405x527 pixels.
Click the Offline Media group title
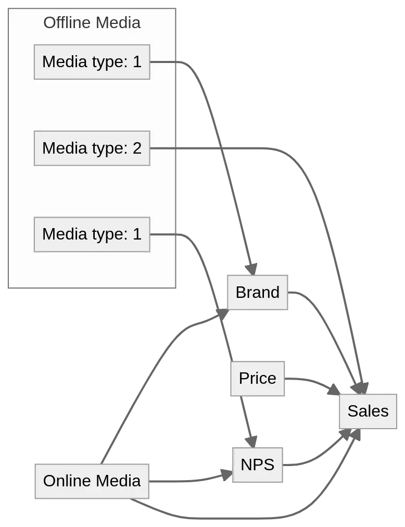(x=92, y=23)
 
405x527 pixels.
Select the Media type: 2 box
(x=92, y=148)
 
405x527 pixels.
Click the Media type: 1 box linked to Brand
(x=92, y=62)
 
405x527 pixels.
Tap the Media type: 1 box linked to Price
(x=92, y=234)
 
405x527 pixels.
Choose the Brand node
(x=258, y=292)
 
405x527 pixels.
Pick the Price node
(x=258, y=378)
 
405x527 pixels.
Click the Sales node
(x=368, y=411)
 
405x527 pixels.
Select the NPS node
(x=257, y=464)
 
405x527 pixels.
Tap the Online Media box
(x=92, y=481)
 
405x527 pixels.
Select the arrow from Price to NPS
(x=247, y=422)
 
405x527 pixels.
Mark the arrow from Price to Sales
(x=312, y=381)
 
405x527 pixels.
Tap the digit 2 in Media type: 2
(x=137, y=148)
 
